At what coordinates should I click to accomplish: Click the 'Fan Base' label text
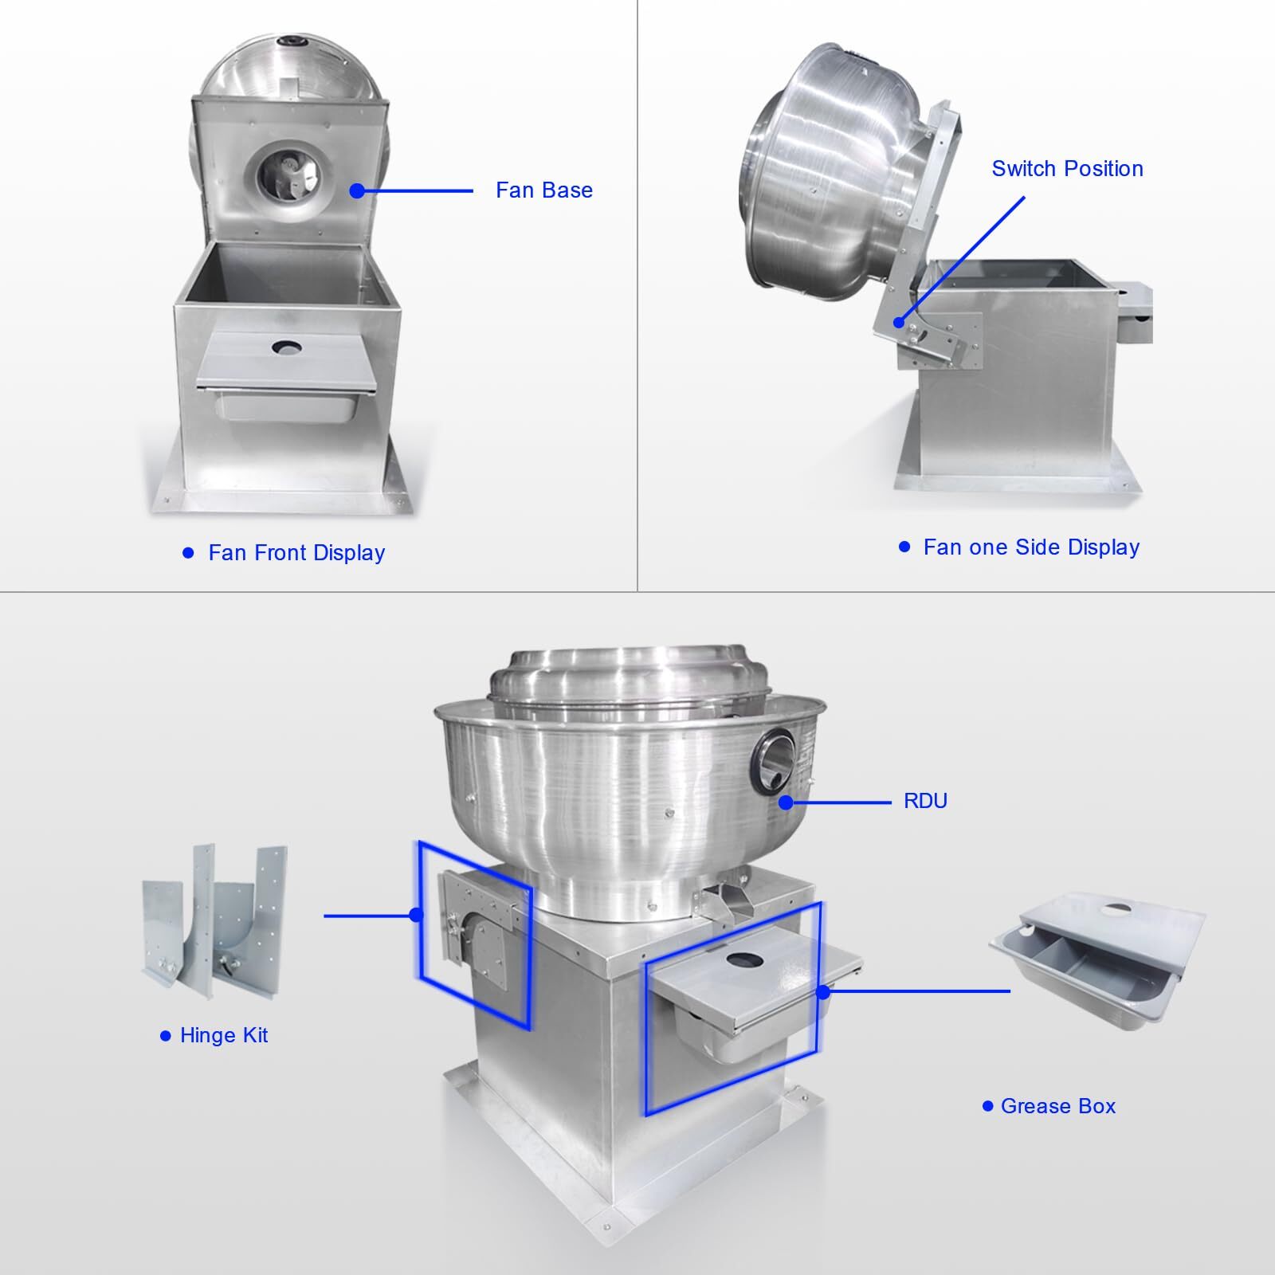click(544, 190)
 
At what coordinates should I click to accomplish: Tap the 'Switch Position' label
click(1067, 169)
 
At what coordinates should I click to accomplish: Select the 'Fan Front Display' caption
click(296, 553)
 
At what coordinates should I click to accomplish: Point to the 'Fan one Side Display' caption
click(1031, 547)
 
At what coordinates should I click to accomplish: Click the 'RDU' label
click(925, 801)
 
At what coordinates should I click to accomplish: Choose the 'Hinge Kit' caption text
click(224, 1035)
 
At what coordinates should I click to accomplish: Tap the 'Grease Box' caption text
click(1058, 1106)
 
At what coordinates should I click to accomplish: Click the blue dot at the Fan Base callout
click(357, 190)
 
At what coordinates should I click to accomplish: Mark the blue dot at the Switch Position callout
click(899, 323)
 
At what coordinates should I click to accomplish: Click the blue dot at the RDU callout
click(787, 802)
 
